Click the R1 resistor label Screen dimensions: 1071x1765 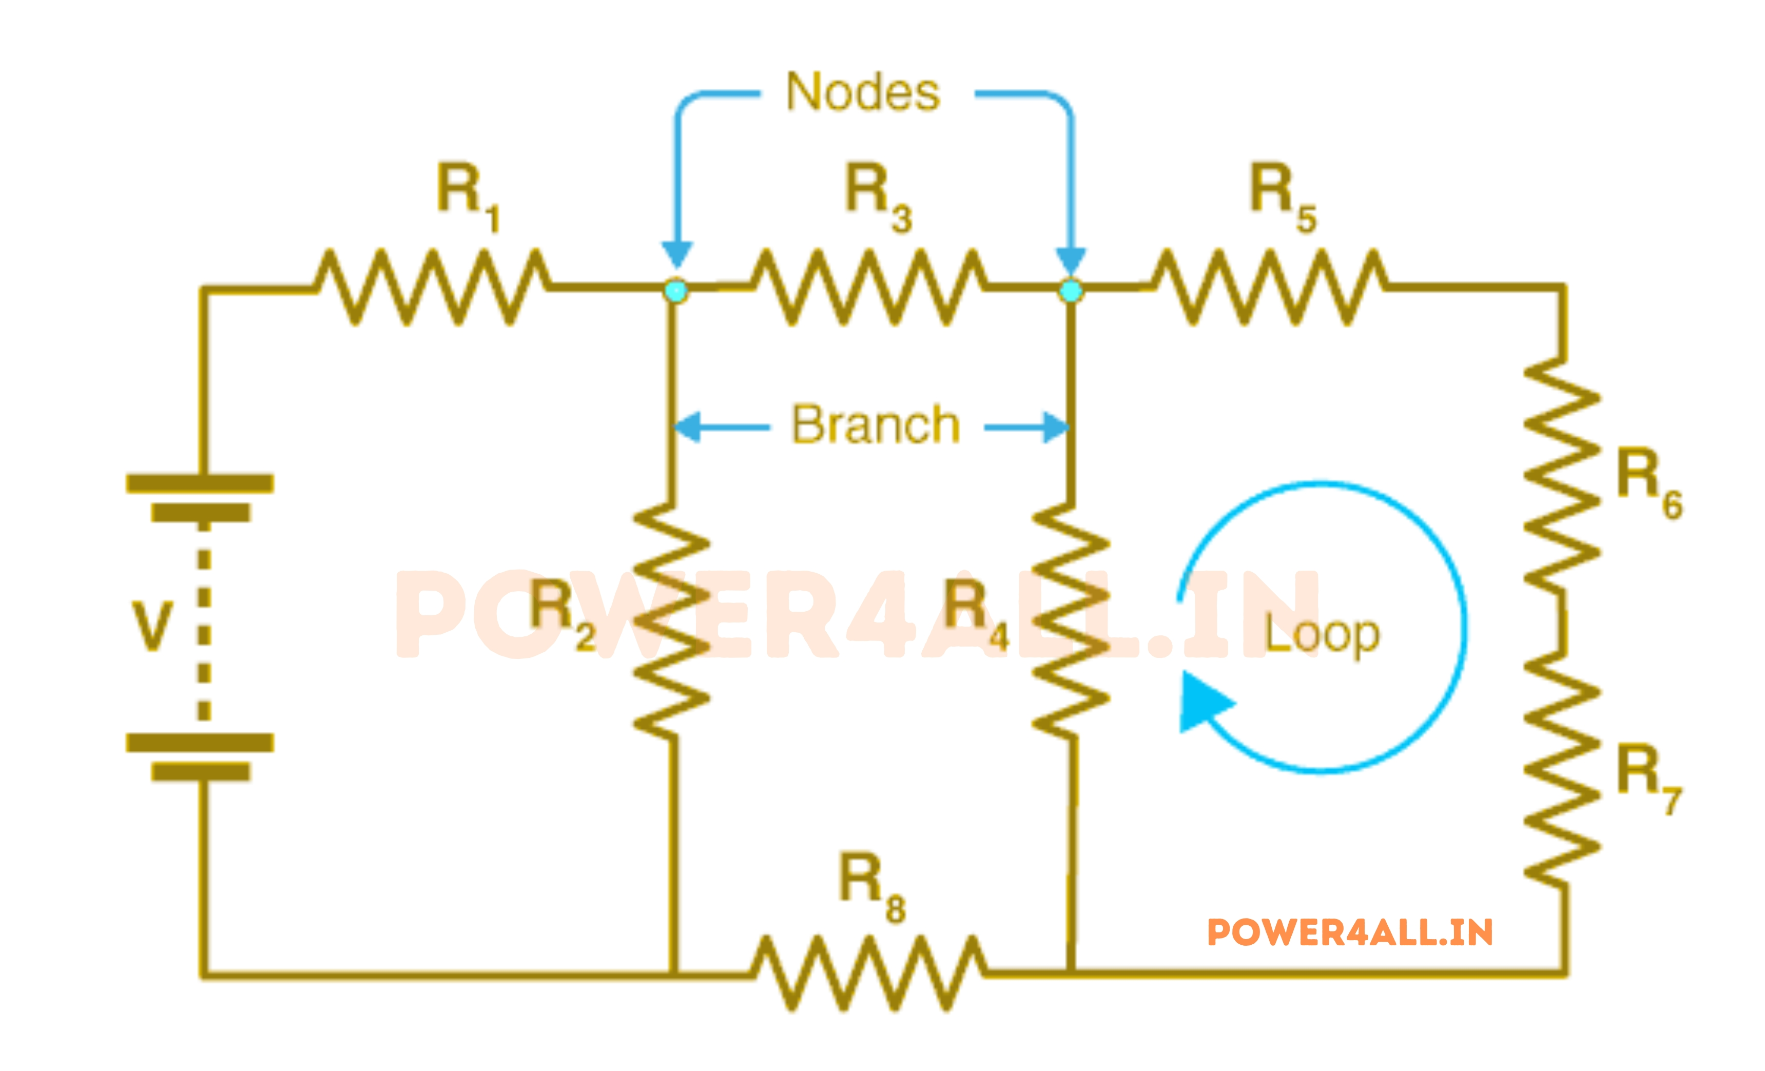[x=467, y=195]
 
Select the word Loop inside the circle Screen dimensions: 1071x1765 [x=1322, y=634]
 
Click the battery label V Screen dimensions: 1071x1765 [x=152, y=626]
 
